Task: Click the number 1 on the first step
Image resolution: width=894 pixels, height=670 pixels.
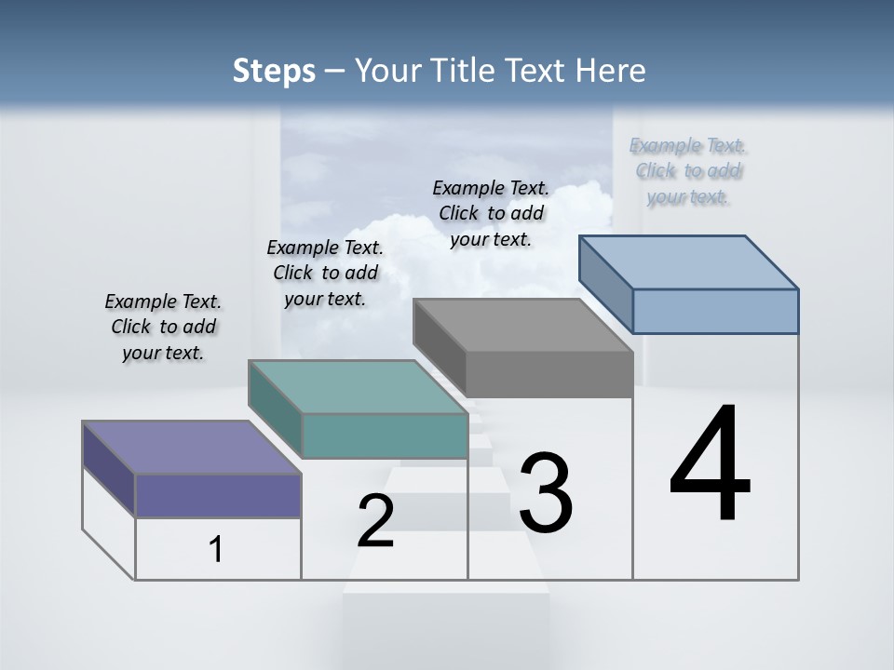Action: (x=216, y=550)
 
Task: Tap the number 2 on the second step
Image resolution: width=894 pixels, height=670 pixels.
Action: (x=375, y=521)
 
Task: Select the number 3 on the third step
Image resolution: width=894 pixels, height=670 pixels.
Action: (x=546, y=493)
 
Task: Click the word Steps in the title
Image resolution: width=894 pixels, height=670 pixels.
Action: (x=274, y=71)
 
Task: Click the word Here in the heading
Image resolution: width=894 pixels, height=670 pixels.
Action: (x=611, y=71)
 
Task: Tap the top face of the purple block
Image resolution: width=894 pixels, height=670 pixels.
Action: (x=191, y=448)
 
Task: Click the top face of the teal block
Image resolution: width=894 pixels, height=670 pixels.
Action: (x=357, y=387)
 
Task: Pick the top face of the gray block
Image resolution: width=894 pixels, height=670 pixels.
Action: (x=522, y=326)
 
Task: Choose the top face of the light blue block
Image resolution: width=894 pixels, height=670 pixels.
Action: (x=688, y=262)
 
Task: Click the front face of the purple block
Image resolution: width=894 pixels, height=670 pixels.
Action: (x=218, y=495)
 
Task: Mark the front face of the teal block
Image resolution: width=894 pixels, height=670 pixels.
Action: (x=385, y=436)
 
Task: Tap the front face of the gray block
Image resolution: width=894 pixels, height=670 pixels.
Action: (x=549, y=375)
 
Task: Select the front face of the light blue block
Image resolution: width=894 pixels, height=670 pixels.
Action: (x=715, y=311)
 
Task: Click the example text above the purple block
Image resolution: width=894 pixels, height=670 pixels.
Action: (x=163, y=327)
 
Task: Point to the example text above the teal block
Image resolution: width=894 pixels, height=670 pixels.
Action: (x=325, y=273)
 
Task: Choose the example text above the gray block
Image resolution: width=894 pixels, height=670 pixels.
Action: (x=491, y=213)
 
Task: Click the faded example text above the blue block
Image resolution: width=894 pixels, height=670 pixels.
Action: (x=688, y=170)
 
